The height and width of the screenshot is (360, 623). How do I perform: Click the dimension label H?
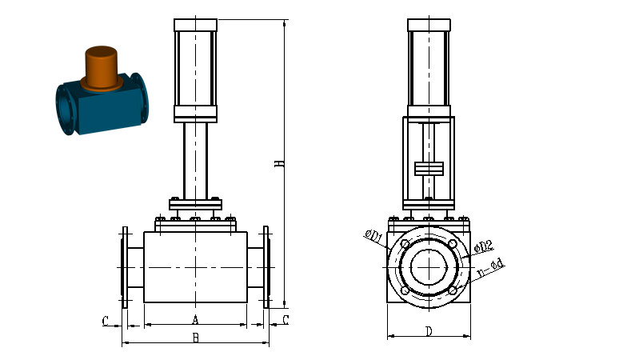(x=280, y=163)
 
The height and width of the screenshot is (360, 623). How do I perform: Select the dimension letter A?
(x=195, y=319)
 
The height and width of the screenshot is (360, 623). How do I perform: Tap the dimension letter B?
(x=195, y=338)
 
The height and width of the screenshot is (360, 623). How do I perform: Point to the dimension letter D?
(x=429, y=331)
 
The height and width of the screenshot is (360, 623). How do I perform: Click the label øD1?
(x=373, y=236)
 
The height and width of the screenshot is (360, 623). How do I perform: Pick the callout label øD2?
(x=484, y=246)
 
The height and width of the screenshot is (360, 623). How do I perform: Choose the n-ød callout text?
(x=491, y=268)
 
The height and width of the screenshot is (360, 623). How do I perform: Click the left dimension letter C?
(x=106, y=321)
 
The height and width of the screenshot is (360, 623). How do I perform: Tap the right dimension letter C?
(x=286, y=320)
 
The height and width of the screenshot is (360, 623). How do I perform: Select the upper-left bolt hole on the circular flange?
(x=405, y=244)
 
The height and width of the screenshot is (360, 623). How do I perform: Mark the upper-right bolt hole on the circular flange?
(x=453, y=244)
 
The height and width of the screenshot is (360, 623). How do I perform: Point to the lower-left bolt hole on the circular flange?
(x=405, y=291)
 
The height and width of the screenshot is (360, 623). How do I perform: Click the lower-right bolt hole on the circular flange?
(x=453, y=291)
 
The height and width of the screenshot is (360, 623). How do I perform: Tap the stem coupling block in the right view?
(x=429, y=169)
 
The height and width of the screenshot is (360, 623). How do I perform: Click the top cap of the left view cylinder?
(x=195, y=25)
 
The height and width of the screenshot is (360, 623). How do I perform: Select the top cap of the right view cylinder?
(x=429, y=25)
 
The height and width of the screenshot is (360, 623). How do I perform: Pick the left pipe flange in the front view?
(x=125, y=267)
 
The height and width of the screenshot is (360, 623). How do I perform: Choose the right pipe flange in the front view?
(x=266, y=267)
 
